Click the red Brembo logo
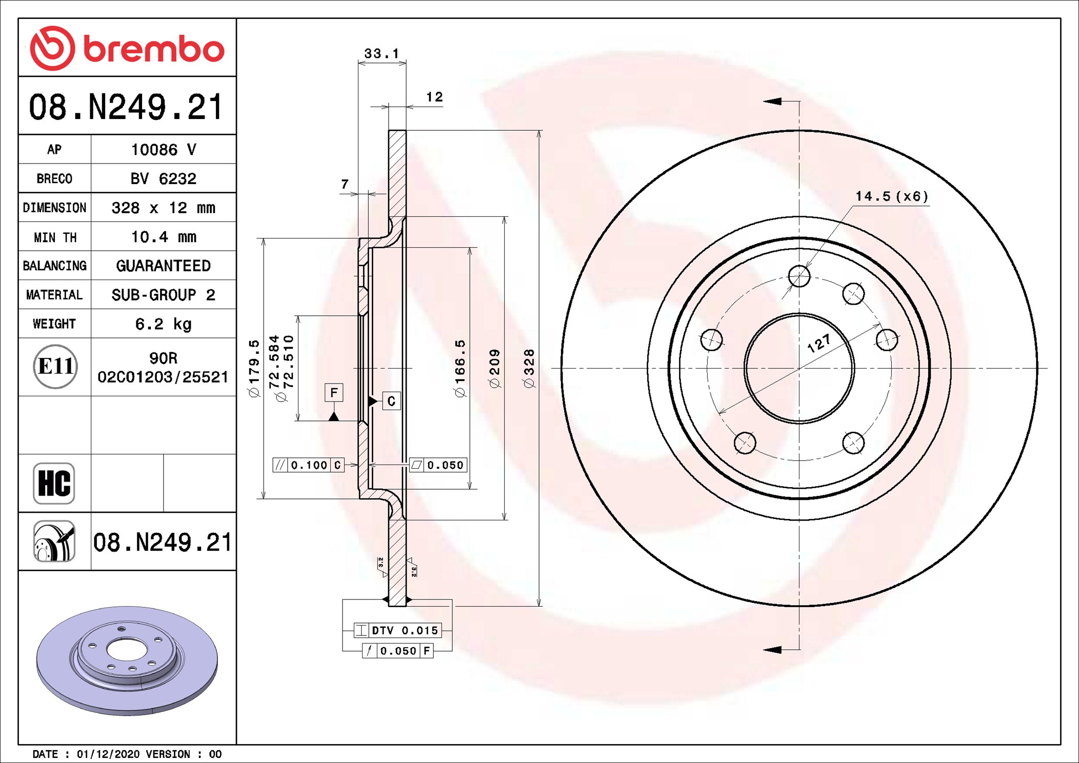pos(127,48)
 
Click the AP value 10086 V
pos(164,150)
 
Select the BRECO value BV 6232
pos(164,178)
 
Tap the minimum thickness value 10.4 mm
pos(164,237)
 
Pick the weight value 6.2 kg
pos(164,324)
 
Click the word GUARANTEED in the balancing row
pos(164,266)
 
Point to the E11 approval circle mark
pos(55,366)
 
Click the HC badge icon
pos(54,483)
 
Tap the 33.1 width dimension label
pos(382,53)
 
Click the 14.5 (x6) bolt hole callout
pos(892,196)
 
